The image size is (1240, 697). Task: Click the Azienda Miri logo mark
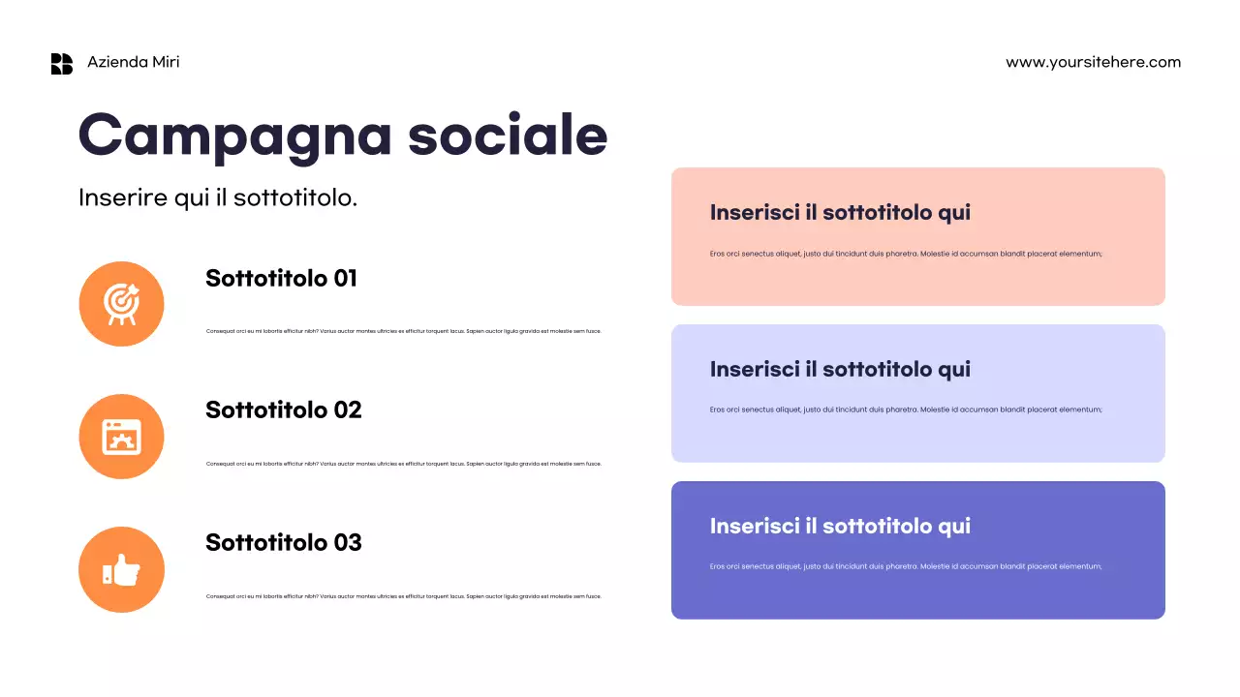coord(62,64)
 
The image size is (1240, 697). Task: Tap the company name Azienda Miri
coord(133,62)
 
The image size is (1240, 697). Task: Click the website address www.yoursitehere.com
coord(1093,62)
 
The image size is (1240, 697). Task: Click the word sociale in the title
coord(507,136)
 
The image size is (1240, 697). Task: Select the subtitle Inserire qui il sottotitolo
coord(218,197)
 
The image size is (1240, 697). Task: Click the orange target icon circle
coord(121,304)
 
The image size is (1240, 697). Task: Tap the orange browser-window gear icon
coord(121,437)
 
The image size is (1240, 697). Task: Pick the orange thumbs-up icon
coord(121,569)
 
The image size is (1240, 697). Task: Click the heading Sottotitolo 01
coord(281,279)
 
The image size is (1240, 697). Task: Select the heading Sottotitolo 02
coord(283,410)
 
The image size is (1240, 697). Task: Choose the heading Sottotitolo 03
coord(283,543)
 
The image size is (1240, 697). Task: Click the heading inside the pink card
coord(840,213)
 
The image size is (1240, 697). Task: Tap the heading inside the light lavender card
coord(840,370)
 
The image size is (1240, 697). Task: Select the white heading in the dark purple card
coord(840,527)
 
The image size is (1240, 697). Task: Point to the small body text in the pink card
coord(906,254)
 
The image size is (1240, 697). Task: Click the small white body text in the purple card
coord(906,566)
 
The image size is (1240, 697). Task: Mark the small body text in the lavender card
coord(906,409)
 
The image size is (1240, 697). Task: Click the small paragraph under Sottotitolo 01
coord(403,331)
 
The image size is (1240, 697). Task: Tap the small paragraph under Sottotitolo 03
coord(403,596)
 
